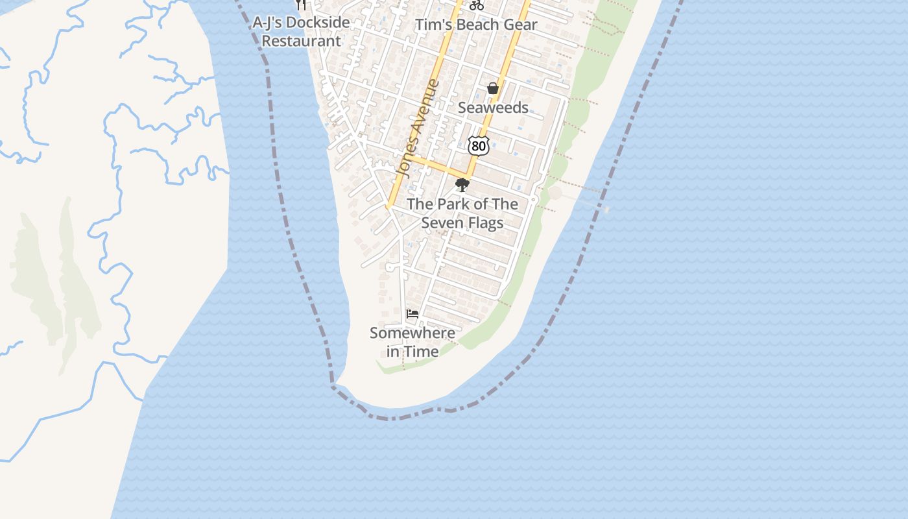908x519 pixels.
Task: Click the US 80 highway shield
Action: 478,146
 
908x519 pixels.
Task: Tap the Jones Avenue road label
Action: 418,128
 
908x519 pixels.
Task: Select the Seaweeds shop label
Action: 493,108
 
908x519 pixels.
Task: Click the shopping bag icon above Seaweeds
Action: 493,89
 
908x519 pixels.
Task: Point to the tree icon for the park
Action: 462,186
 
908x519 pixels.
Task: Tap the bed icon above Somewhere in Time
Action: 412,315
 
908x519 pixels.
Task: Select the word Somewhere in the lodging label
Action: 412,333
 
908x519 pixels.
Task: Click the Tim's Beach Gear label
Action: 476,25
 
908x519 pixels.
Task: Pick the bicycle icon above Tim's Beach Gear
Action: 477,5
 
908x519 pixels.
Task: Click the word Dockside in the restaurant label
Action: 318,23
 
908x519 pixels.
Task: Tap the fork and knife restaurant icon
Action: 300,5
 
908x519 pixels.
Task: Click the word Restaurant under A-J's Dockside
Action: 301,42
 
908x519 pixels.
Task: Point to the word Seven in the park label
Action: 442,223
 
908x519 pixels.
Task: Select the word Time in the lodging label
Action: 422,352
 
